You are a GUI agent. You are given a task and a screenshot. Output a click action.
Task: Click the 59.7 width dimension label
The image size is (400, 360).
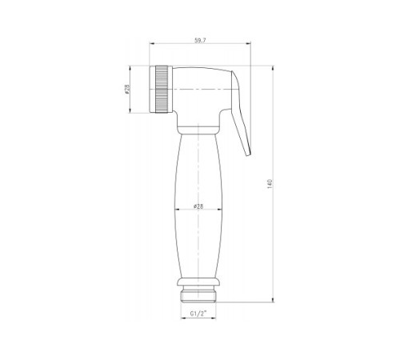click(x=200, y=41)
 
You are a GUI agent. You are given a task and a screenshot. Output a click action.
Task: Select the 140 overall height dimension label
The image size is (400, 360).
click(x=270, y=184)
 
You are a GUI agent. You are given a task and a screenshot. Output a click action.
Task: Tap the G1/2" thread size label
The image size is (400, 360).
click(x=198, y=314)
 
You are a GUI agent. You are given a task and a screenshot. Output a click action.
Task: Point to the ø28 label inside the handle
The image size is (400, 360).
click(x=198, y=206)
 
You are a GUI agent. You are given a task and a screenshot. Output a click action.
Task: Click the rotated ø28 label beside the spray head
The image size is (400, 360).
click(x=127, y=90)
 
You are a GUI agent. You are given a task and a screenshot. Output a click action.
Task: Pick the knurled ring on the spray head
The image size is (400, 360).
click(x=162, y=90)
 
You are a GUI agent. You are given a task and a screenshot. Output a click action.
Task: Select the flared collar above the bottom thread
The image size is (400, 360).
click(x=198, y=282)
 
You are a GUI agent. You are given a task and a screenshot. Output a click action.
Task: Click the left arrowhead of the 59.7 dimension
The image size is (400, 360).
click(x=152, y=43)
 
